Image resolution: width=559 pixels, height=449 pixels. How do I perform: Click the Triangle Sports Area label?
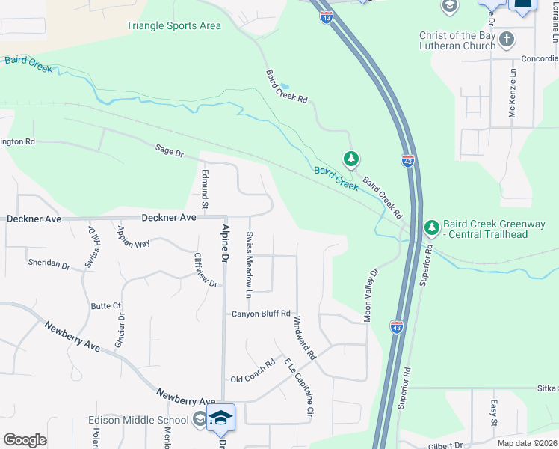click(x=173, y=26)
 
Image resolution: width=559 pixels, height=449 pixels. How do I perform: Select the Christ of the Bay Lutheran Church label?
click(x=457, y=40)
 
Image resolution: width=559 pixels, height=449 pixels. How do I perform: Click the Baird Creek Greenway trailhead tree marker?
click(x=430, y=227)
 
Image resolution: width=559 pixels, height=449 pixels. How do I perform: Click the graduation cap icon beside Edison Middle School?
click(x=199, y=418)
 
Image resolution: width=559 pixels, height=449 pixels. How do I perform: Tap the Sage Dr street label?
click(x=169, y=152)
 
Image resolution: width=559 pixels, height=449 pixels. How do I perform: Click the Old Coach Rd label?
click(x=253, y=379)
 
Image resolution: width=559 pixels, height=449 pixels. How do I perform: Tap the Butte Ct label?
click(x=105, y=306)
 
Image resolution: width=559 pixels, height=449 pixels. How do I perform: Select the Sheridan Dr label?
click(x=49, y=265)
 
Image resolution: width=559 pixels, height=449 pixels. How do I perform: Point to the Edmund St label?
click(x=204, y=188)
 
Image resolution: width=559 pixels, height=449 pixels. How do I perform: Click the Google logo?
click(x=24, y=440)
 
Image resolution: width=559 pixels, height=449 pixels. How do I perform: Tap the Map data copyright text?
click(x=526, y=443)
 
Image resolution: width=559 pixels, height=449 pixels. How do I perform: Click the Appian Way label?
click(x=134, y=236)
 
